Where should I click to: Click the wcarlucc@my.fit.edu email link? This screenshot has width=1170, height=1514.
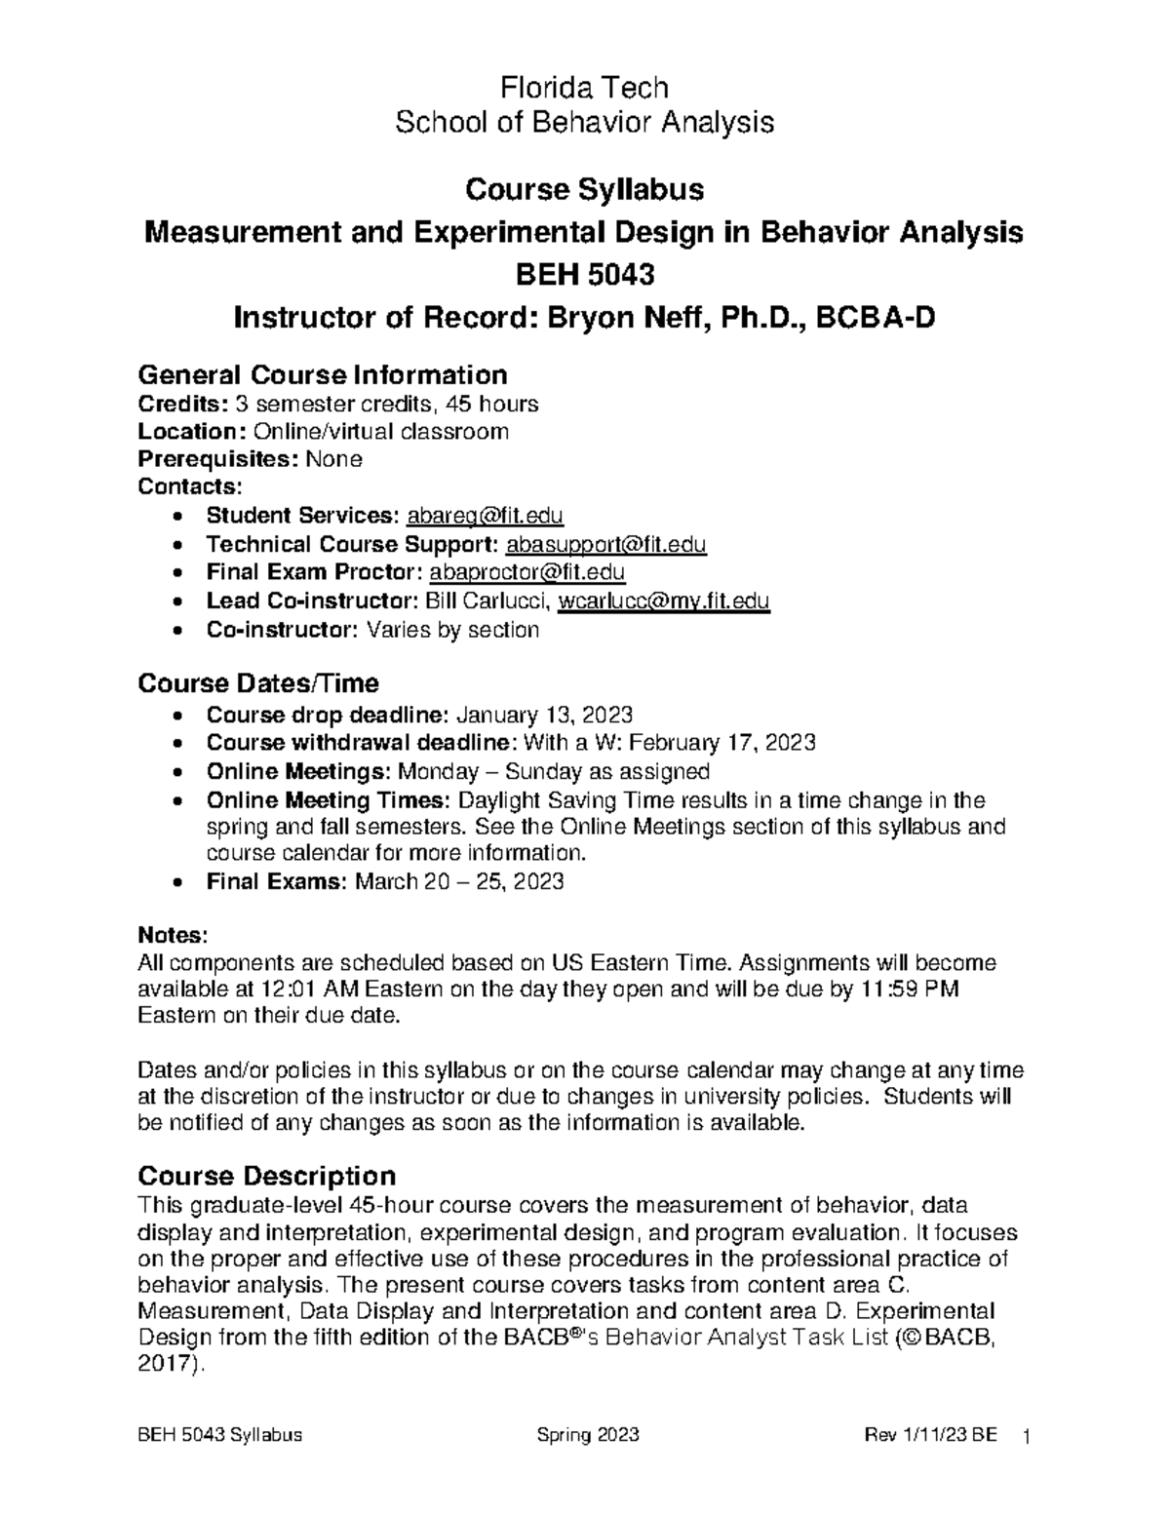click(663, 602)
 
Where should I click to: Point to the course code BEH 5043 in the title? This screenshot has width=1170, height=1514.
click(584, 275)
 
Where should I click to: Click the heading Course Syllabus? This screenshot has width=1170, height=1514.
click(584, 189)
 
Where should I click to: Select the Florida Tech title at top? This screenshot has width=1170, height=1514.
click(584, 88)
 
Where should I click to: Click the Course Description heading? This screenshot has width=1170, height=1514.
click(266, 1175)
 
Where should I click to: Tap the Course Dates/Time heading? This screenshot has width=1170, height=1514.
click(258, 682)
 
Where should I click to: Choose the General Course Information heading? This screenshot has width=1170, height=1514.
click(322, 374)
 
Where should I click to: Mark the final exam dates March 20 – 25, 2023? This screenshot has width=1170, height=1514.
click(459, 882)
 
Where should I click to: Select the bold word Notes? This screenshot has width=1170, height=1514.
click(173, 935)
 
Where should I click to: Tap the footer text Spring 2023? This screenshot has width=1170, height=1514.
click(588, 1435)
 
